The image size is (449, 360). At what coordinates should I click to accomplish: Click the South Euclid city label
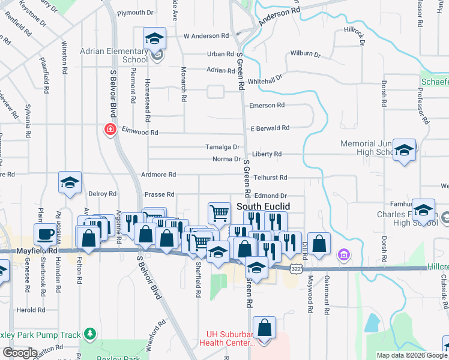(x=264, y=206)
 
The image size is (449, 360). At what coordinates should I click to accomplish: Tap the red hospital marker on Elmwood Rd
(x=110, y=130)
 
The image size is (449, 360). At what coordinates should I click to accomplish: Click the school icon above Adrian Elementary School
(x=154, y=40)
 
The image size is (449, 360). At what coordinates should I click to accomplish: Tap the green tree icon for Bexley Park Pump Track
(x=90, y=333)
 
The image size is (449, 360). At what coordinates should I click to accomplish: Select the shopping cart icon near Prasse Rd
(x=219, y=212)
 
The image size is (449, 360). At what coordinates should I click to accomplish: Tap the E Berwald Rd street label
(x=270, y=128)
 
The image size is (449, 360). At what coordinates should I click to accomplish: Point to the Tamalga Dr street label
(x=222, y=147)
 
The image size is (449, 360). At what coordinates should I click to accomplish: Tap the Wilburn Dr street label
(x=305, y=54)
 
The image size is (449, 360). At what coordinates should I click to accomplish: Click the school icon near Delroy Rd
(x=70, y=182)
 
